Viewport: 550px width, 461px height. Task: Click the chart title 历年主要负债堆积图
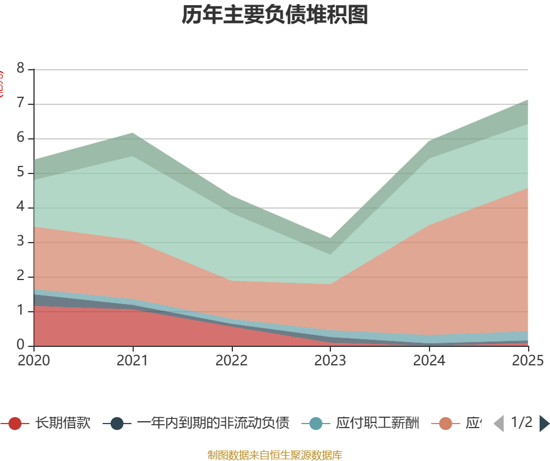(x=275, y=16)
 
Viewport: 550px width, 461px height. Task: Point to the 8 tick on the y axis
(x=21, y=69)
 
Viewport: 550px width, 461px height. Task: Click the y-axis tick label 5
(x=21, y=173)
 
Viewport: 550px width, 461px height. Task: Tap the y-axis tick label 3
(x=21, y=242)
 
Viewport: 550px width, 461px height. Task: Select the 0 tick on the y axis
(x=21, y=346)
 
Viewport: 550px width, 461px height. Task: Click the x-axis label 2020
(x=33, y=361)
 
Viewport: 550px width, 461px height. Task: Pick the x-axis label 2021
(x=133, y=361)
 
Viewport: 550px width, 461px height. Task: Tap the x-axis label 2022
(x=232, y=361)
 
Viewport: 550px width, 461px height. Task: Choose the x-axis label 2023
(x=330, y=361)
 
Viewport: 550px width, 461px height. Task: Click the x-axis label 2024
(x=430, y=361)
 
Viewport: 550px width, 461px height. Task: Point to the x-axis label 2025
(x=528, y=361)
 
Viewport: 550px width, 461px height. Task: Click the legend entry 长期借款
(x=62, y=424)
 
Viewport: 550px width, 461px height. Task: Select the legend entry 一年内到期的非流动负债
(x=213, y=424)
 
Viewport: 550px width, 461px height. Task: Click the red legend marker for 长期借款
(x=15, y=424)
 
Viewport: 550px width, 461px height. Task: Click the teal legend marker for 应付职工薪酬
(x=316, y=424)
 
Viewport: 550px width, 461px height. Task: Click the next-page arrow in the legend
(x=544, y=424)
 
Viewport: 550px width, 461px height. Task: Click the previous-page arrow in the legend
(x=499, y=424)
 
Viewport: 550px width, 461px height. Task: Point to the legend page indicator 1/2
(x=522, y=423)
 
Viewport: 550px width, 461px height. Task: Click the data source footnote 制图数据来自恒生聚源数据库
(x=275, y=455)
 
